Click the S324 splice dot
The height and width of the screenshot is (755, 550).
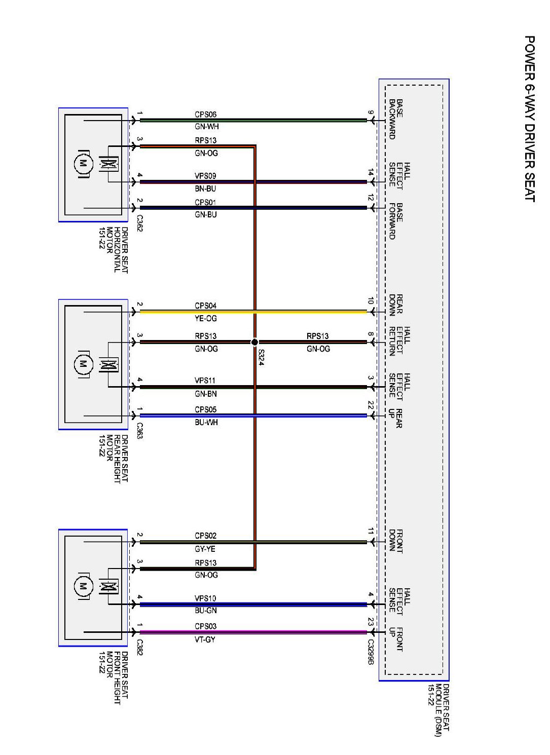tap(255, 342)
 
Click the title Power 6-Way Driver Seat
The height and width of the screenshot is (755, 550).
tap(529, 119)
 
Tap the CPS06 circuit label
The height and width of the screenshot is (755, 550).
tap(205, 115)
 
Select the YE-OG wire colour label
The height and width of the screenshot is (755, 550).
tap(205, 318)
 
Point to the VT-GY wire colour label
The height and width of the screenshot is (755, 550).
tap(205, 639)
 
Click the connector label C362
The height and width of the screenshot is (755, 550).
tap(139, 223)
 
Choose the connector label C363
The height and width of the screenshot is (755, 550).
tap(139, 431)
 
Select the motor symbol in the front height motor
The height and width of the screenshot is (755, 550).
tap(82, 587)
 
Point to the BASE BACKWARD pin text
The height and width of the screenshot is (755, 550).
tap(395, 119)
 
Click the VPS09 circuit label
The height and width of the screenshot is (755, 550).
tap(205, 176)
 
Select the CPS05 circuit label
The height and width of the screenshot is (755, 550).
tap(205, 409)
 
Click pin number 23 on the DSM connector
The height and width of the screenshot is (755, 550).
tap(371, 621)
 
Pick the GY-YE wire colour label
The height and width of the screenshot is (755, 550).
tap(205, 549)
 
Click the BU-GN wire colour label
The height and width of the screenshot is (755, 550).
tap(205, 611)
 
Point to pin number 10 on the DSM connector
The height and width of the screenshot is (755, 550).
tap(371, 300)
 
